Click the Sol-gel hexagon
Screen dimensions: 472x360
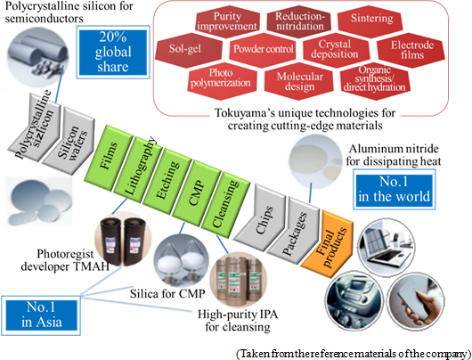point(189,50)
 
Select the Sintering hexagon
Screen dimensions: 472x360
point(370,20)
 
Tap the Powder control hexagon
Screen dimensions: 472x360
point(263,50)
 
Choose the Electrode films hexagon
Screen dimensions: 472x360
point(411,50)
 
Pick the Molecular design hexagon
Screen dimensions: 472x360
point(299,81)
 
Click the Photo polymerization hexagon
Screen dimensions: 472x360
point(223,81)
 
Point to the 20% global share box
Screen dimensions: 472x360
point(113,52)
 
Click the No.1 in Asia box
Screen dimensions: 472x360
point(41,315)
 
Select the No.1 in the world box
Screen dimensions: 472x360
point(394,189)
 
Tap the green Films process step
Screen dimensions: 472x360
point(108,157)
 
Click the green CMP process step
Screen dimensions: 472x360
point(196,192)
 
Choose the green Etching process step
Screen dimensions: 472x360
point(167,181)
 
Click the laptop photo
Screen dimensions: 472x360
point(387,248)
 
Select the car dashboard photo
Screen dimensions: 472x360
point(354,299)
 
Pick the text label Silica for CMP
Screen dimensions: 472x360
point(167,293)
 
